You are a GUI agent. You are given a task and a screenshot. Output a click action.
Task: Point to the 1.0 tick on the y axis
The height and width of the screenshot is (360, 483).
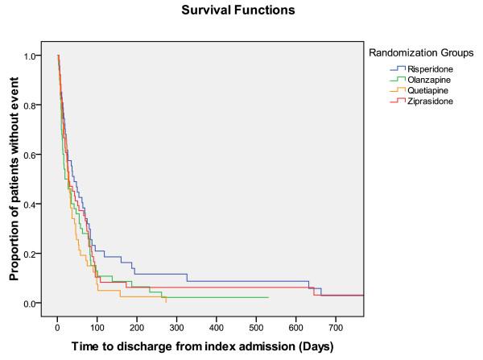coord(31,56)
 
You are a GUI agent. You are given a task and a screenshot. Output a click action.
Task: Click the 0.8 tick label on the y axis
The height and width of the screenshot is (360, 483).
coord(31,106)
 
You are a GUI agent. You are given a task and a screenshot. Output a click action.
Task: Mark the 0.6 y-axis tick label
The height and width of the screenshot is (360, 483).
coord(31,155)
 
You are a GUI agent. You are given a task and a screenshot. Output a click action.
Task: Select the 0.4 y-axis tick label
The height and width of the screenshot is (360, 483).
coord(31,205)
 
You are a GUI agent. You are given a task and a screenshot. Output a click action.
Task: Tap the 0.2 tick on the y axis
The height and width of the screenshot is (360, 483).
coord(31,254)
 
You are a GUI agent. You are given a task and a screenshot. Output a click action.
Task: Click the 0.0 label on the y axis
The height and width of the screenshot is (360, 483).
coord(31,304)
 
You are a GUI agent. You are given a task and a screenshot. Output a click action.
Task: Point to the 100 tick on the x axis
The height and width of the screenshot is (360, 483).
coord(97,329)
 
